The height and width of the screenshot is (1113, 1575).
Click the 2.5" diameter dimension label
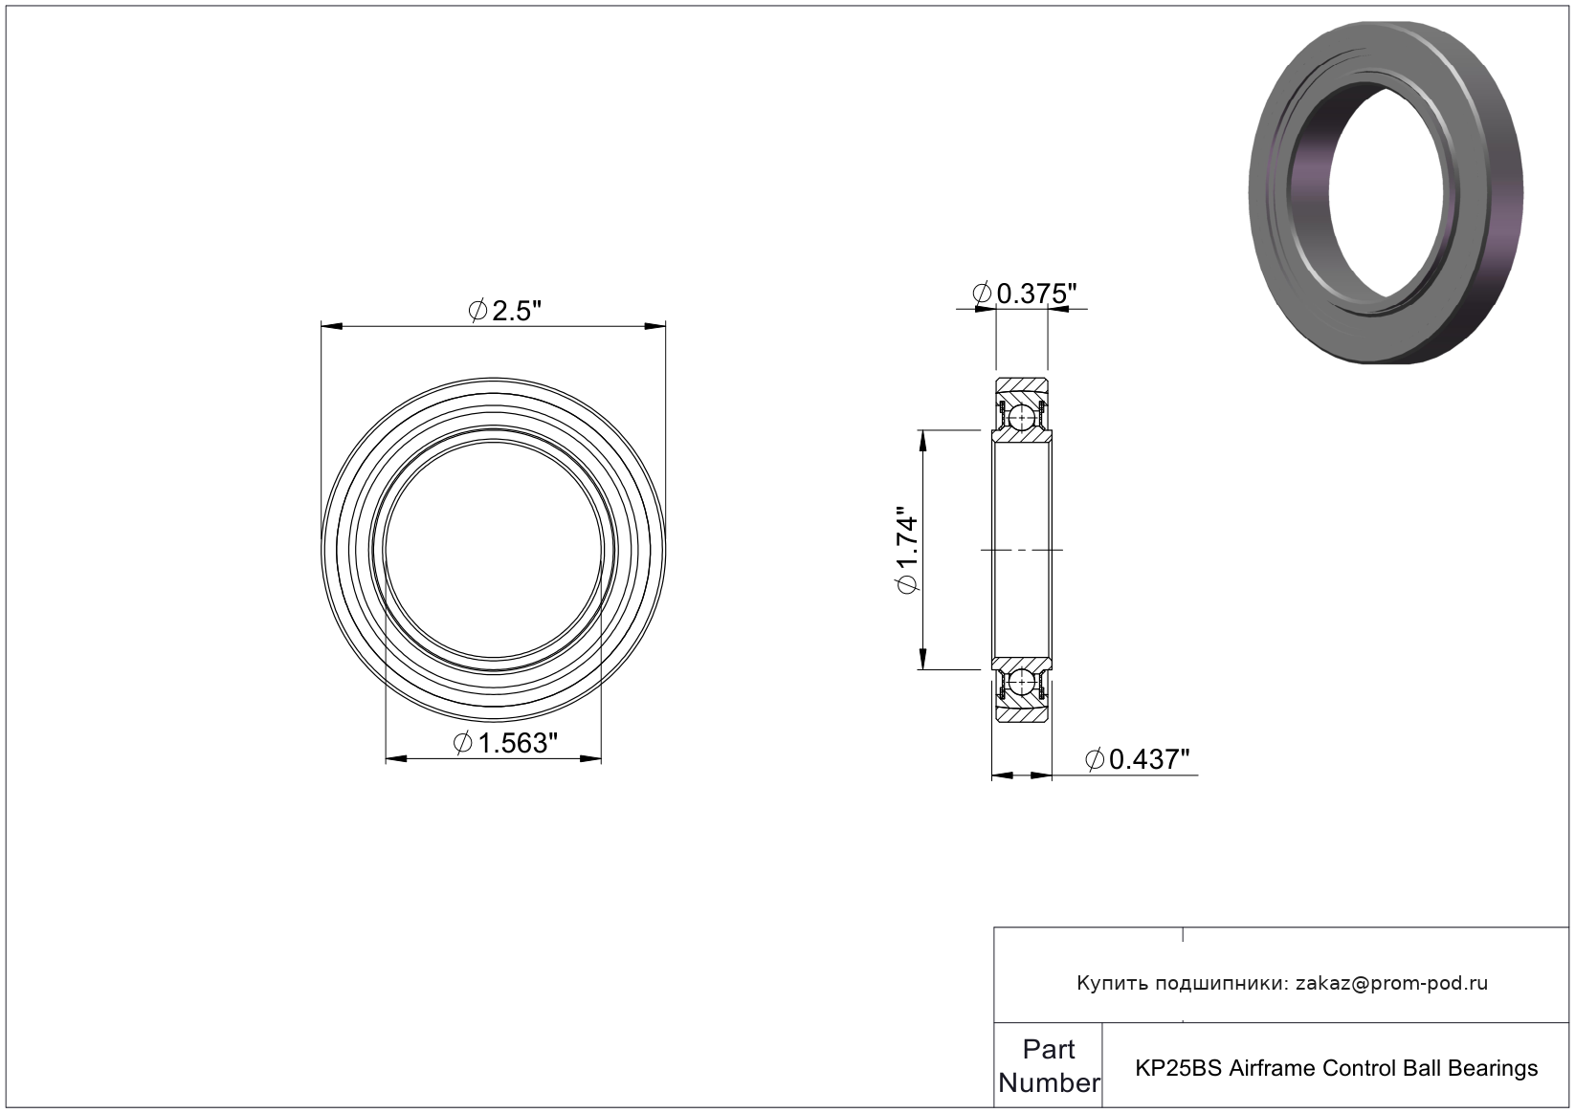point(505,311)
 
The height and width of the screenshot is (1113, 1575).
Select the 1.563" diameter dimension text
point(505,743)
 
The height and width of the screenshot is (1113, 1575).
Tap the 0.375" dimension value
point(1025,294)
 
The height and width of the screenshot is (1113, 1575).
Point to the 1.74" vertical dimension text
point(907,550)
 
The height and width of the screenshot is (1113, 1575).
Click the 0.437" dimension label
point(1138,759)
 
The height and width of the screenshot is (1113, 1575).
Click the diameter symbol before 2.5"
point(477,311)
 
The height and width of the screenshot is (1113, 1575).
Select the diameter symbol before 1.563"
point(463,743)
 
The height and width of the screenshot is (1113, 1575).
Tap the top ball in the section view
point(1022,419)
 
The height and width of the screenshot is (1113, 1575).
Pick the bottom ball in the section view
point(1022,681)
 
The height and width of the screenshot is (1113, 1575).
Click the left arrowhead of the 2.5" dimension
point(332,326)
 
